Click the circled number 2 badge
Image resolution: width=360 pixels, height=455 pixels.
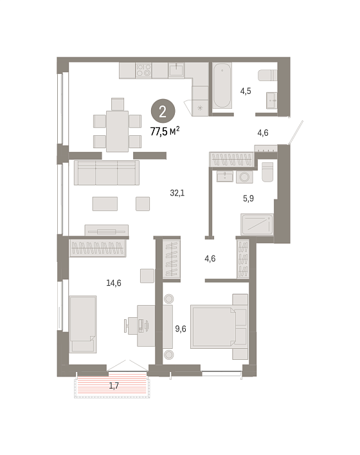point(163,111)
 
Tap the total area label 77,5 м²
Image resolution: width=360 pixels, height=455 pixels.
point(165,131)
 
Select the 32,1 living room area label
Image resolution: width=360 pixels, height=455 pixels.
point(177,192)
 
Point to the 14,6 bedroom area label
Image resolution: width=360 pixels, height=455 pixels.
point(114,283)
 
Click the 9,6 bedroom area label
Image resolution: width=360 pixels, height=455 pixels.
point(181,329)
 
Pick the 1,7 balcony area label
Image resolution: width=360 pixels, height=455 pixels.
point(114,385)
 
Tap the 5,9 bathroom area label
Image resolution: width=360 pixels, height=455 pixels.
point(248,198)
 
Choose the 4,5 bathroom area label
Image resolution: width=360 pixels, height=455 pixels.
point(246,91)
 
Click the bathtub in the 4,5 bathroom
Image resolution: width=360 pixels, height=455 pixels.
point(222,86)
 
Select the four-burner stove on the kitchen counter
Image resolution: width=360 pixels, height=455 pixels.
point(143,70)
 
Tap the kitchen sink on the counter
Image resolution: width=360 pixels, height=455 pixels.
point(176,71)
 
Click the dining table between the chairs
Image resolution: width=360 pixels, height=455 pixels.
point(118,131)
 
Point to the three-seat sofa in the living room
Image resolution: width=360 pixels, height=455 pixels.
point(107,172)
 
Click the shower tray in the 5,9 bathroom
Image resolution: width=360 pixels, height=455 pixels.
point(257,225)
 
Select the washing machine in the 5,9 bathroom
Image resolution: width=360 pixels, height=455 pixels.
point(244,177)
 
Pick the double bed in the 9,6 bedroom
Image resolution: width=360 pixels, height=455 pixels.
point(219,326)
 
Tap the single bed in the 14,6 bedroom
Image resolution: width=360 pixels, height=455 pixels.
point(83,324)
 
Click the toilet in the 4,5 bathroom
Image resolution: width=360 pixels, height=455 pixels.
point(267,75)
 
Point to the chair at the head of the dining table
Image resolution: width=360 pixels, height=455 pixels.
point(118,104)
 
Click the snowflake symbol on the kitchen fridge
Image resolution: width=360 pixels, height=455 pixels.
point(200,108)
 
